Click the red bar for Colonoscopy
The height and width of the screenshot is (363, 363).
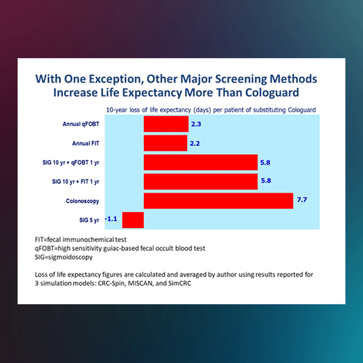point(218,200)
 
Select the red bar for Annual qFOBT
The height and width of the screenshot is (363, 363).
point(166,125)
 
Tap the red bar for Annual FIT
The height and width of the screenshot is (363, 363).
point(165,143)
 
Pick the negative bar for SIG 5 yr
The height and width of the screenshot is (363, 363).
point(132,219)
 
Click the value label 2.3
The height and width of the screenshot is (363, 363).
point(196,124)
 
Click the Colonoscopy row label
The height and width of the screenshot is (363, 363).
point(83,200)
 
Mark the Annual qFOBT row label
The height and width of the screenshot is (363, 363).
point(80,125)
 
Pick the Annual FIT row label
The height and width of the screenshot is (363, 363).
point(84,143)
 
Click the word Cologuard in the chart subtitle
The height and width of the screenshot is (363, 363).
point(299,110)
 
